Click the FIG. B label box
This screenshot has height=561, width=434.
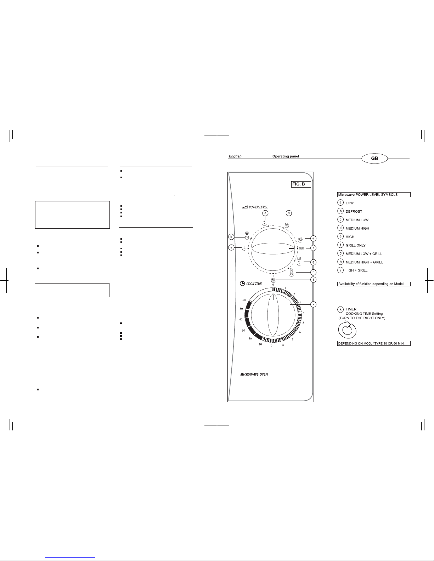(x=301, y=184)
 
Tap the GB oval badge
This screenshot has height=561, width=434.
(x=374, y=158)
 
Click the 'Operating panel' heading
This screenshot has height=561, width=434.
(x=286, y=156)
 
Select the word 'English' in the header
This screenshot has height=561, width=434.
(x=235, y=156)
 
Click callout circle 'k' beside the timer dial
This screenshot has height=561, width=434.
(x=313, y=304)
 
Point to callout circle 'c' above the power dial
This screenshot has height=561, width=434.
(x=265, y=213)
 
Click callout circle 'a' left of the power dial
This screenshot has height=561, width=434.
(x=231, y=248)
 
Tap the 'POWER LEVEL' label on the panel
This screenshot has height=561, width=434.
(x=258, y=207)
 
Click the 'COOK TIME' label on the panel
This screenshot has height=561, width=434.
(x=254, y=284)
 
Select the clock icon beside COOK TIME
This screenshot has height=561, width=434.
(x=242, y=284)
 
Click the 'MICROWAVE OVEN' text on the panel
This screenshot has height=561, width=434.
(x=254, y=374)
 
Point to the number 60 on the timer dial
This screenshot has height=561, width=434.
(x=244, y=300)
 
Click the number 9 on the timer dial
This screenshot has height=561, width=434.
(x=271, y=346)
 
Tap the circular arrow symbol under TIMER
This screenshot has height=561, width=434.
(x=347, y=330)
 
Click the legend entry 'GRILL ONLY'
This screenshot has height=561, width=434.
(x=355, y=245)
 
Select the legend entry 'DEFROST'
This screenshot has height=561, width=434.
(x=354, y=211)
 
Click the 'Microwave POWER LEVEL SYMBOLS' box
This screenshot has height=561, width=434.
(x=374, y=195)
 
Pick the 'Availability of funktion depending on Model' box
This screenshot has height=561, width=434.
(x=374, y=284)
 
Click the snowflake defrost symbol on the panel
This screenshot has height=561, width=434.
(x=247, y=233)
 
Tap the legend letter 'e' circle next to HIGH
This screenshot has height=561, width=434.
(x=340, y=236)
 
